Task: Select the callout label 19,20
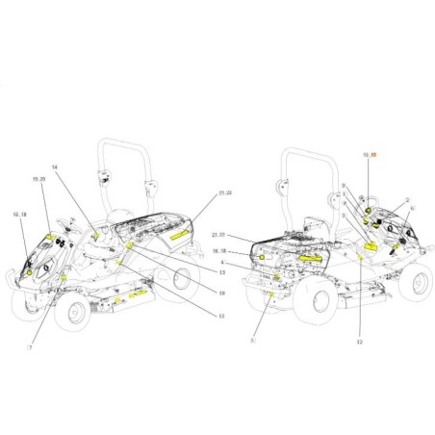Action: pyautogui.click(x=38, y=206)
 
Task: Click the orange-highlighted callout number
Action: pyautogui.click(x=375, y=153)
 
